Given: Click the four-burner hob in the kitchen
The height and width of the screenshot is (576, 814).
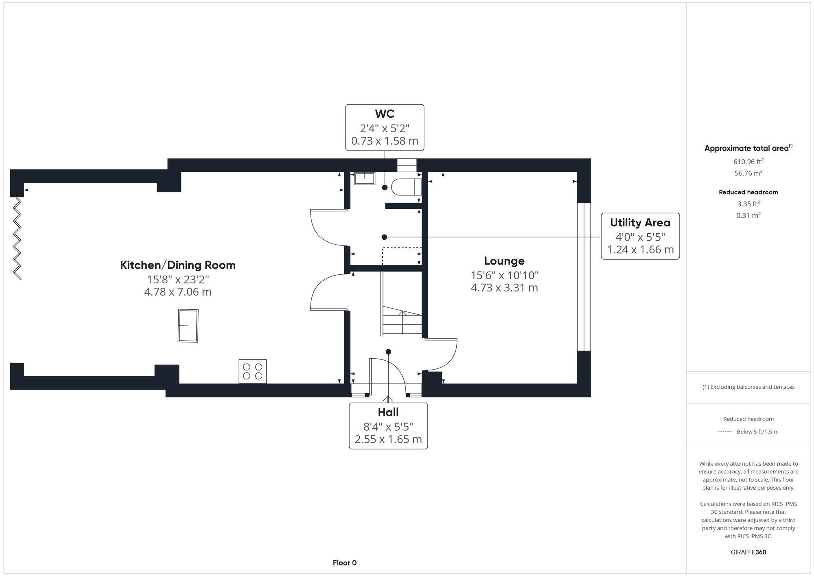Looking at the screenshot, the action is click(x=252, y=371).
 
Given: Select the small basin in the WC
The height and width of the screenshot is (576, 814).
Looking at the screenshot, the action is click(x=364, y=178).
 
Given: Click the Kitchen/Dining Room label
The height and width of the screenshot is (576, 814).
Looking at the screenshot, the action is click(x=178, y=265).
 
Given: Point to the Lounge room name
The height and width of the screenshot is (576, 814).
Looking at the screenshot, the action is click(x=504, y=261).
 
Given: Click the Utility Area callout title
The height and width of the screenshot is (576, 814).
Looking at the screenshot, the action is click(x=640, y=223).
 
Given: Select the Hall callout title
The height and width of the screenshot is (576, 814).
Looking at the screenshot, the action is click(x=388, y=412).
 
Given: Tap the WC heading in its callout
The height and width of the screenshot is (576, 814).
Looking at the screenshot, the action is click(x=385, y=114).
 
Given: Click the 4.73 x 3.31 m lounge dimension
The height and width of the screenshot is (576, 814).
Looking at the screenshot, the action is click(x=504, y=288).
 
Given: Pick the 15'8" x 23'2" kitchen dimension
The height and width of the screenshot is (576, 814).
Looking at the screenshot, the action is click(x=178, y=279).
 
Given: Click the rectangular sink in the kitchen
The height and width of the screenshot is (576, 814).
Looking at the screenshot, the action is click(x=188, y=326).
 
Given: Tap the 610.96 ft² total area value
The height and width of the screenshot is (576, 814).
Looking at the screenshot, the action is click(x=748, y=162).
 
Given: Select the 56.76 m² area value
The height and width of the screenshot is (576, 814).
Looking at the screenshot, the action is click(x=748, y=173).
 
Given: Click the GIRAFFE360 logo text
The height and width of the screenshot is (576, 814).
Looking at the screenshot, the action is click(x=748, y=552).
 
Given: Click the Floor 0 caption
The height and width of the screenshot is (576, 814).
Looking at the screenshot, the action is click(x=344, y=563).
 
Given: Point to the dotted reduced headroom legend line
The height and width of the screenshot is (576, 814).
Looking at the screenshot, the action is click(x=725, y=432).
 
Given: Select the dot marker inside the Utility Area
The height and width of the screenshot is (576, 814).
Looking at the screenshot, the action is click(x=384, y=237).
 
